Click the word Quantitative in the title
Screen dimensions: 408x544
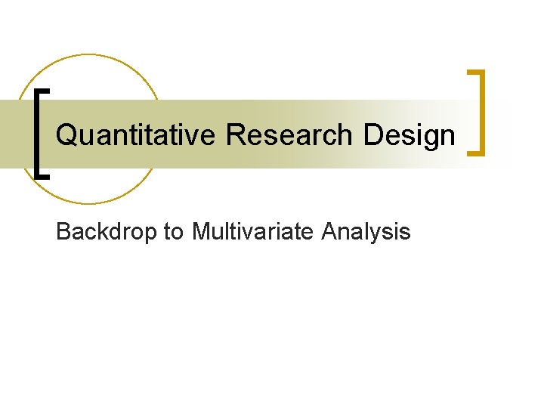pos(137,135)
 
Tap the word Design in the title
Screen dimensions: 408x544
pos(410,135)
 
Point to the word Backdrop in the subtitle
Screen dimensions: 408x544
pos(107,231)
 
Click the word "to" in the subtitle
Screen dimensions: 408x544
pos(174,232)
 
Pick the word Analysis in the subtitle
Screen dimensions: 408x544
pos(366,232)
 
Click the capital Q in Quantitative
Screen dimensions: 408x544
pos(66,136)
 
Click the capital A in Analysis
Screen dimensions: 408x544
pos(329,231)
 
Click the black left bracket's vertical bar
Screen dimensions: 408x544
pos(38,132)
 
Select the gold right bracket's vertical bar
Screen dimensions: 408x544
pos(481,113)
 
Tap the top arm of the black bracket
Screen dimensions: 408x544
pos(43,90)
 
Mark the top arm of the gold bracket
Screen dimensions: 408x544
pos(475,73)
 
